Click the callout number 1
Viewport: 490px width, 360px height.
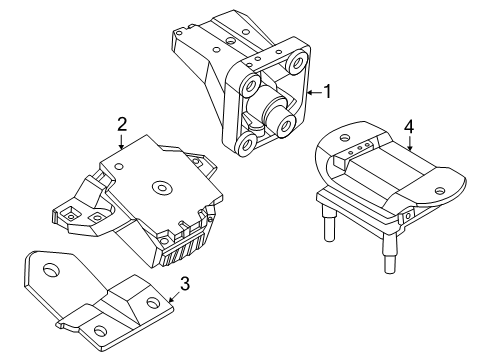tap(328, 92)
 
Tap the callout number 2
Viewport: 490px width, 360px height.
tap(122, 124)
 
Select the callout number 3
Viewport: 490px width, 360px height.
tap(185, 284)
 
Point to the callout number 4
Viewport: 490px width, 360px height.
tap(409, 127)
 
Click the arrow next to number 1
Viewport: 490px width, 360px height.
tap(315, 93)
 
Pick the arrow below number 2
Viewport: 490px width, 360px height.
tap(121, 141)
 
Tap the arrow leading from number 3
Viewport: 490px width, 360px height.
tap(174, 296)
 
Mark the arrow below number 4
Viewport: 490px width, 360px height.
tap(410, 143)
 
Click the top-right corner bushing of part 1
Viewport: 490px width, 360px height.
tap(297, 62)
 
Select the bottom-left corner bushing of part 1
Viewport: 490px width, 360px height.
tap(246, 145)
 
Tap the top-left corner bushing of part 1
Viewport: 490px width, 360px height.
tap(251, 85)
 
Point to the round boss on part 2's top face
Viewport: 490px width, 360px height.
tap(162, 188)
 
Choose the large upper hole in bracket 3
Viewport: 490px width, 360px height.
tap(51, 269)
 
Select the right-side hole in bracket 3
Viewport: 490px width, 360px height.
tap(153, 303)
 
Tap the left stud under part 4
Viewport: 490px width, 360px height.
tap(328, 222)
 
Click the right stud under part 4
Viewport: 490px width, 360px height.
tap(390, 252)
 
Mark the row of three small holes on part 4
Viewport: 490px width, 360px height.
tap(359, 149)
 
